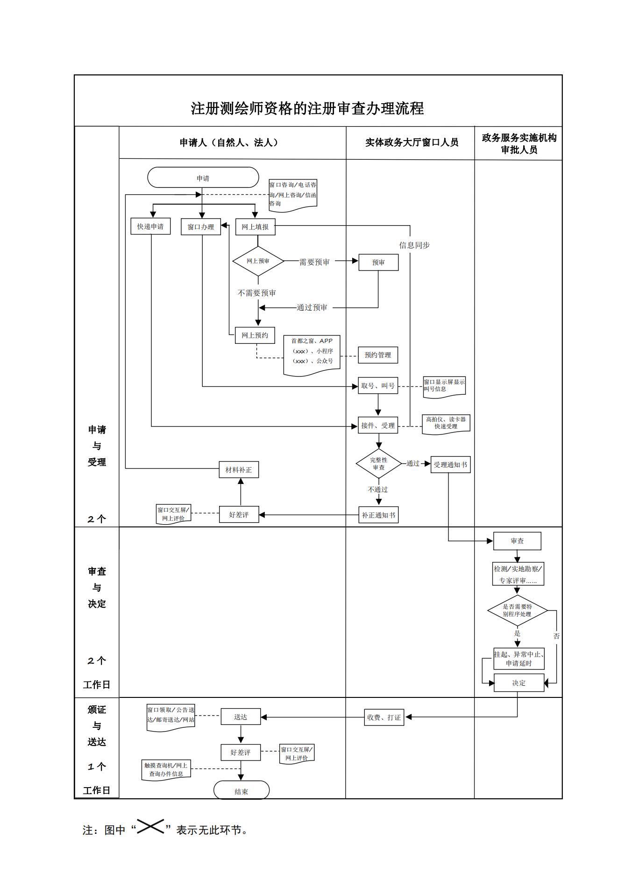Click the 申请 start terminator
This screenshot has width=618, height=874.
[203, 178]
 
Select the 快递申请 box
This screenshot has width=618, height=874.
[150, 227]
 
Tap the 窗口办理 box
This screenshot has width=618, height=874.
[201, 227]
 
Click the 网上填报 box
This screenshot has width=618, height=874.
[255, 227]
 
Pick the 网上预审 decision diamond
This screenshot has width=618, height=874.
[258, 261]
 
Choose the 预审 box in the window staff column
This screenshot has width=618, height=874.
[378, 263]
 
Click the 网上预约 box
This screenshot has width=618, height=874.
[255, 335]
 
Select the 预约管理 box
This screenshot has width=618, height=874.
[378, 355]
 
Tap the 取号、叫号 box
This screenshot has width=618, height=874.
[378, 386]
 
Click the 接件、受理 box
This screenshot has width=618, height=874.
[378, 426]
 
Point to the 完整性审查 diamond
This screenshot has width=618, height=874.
[379, 463]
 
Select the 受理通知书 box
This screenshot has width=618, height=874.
[450, 465]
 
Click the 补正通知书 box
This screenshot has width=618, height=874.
[379, 515]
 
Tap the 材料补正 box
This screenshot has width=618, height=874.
[239, 469]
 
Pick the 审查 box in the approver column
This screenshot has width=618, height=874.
[517, 541]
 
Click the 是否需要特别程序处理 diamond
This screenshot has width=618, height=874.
[517, 610]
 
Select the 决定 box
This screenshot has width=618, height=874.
[519, 683]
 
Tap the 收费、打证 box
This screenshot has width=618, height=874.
[384, 718]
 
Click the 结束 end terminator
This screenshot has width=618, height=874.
[242, 791]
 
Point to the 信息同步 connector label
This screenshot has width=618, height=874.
[414, 245]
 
